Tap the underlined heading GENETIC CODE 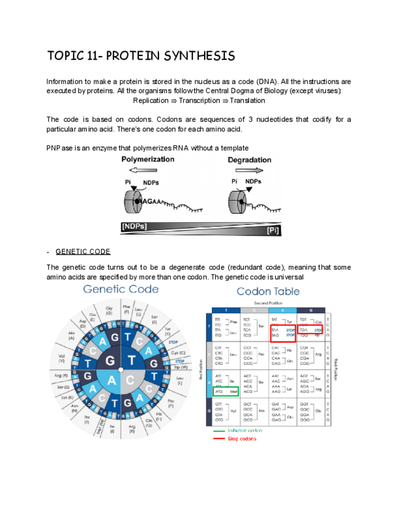click(83, 251)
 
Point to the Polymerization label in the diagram click(148, 159)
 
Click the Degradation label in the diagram click(249, 160)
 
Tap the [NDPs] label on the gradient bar click(134, 226)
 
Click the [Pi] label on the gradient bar click(274, 231)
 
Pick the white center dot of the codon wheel click(121, 369)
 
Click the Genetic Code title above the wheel click(121, 289)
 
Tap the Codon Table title click(268, 291)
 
